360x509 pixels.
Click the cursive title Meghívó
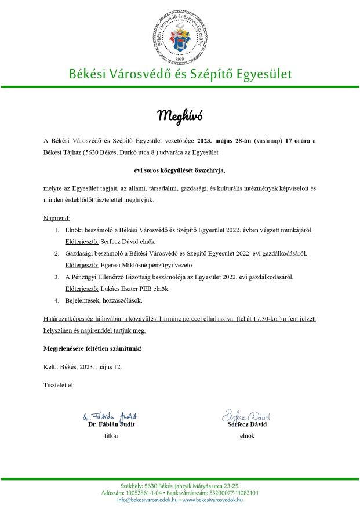click(x=180, y=115)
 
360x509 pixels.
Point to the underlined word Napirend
click(x=57, y=218)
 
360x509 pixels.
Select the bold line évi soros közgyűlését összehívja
click(x=179, y=170)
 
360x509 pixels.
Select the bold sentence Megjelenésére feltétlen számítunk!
click(x=93, y=348)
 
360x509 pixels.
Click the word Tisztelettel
click(x=59, y=385)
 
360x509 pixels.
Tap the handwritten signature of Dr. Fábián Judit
click(x=110, y=416)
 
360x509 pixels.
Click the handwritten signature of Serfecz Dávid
click(x=246, y=416)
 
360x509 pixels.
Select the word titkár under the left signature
click(x=111, y=436)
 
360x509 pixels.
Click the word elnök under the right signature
click(x=247, y=436)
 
